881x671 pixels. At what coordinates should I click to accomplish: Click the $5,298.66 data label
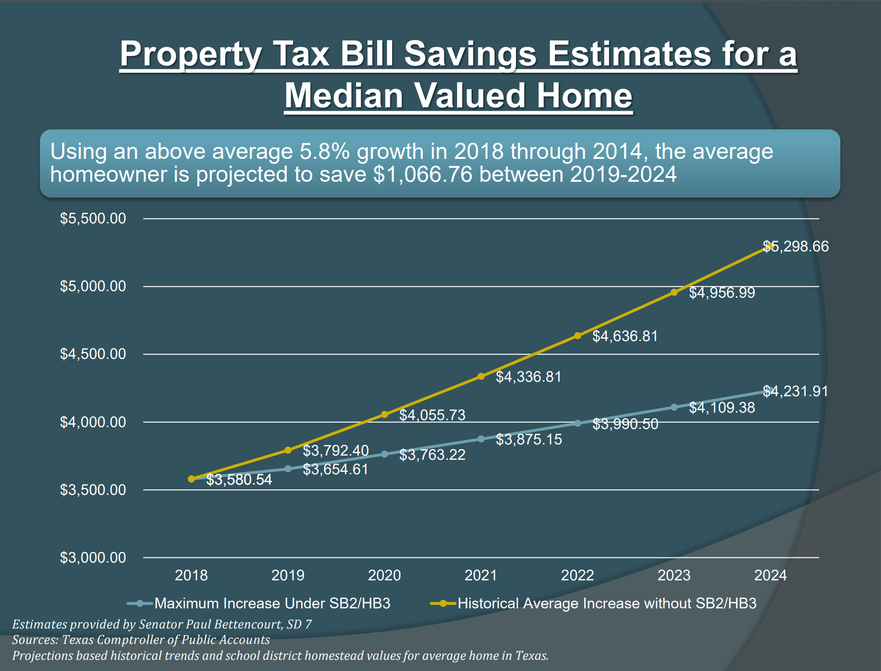point(795,246)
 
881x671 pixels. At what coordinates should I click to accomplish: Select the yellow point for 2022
point(578,335)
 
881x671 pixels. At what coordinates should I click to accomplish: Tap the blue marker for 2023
point(674,407)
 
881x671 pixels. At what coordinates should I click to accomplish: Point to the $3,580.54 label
point(239,479)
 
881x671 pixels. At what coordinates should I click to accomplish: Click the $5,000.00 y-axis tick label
point(93,286)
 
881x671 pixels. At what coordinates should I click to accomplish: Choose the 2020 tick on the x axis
point(384,575)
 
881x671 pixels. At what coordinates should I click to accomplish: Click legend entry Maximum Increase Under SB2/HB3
point(272,603)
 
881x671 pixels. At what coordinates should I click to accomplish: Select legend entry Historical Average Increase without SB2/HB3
point(607,603)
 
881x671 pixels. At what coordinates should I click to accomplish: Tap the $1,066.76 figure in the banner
point(423,174)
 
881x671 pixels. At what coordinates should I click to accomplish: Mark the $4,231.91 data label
point(795,391)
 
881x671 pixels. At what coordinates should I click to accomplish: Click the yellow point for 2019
point(288,450)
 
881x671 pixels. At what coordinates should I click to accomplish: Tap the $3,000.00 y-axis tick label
point(93,557)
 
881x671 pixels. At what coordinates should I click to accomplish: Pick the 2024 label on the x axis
point(770,575)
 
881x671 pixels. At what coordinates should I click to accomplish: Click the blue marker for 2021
point(481,439)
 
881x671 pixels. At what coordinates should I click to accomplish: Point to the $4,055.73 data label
point(432,415)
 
